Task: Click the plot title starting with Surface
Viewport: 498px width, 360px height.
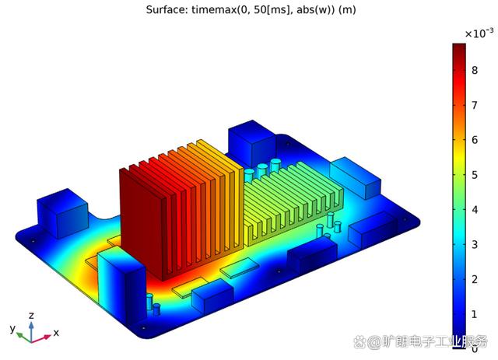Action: (x=251, y=9)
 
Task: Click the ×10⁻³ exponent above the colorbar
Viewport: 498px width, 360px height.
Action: (x=479, y=33)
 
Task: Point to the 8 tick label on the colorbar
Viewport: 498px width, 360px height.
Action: (x=475, y=70)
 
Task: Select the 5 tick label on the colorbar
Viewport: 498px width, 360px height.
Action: (x=475, y=175)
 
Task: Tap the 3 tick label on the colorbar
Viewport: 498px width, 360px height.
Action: (x=475, y=245)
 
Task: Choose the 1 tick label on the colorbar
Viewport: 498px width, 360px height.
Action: (x=475, y=314)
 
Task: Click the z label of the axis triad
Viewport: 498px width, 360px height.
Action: (x=31, y=315)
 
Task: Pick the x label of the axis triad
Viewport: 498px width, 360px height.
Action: (x=56, y=333)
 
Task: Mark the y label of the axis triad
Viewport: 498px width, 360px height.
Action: (x=12, y=328)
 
